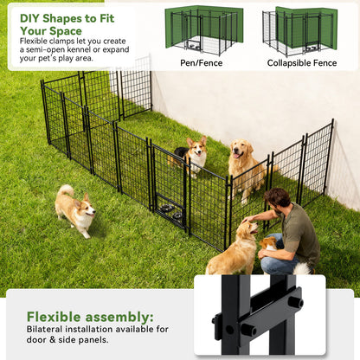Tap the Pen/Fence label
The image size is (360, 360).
pos(201,63)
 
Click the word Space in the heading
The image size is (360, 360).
pos(66,31)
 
